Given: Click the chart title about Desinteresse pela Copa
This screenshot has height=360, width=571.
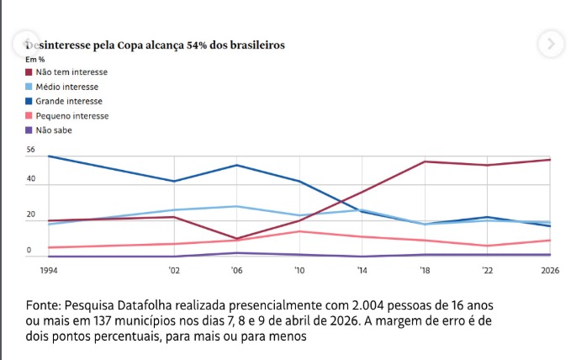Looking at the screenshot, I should point(155,44).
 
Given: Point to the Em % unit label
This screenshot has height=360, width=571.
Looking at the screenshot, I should point(34,59).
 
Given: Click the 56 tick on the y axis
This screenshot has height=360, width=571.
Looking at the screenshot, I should point(30,150).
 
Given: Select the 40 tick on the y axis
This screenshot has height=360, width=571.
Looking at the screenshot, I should point(30,179).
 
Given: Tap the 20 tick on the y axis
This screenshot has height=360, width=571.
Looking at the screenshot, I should point(30,215).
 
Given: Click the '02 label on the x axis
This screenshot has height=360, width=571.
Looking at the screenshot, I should point(173,270).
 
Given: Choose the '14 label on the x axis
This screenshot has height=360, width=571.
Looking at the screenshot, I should point(362,270).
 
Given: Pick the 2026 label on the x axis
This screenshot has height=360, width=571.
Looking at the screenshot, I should point(549,270).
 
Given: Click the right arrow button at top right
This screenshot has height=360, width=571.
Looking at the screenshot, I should point(550,44).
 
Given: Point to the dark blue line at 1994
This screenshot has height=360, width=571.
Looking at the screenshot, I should point(49,156).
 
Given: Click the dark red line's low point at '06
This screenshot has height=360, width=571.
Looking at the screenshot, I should point(236,238).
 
